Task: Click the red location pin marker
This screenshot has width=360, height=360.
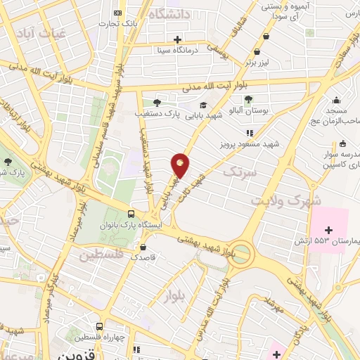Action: pyautogui.click(x=181, y=166)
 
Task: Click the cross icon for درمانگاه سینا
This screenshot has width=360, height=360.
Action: pyautogui.click(x=178, y=39)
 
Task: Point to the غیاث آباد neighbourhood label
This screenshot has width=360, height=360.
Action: pyautogui.click(x=44, y=33)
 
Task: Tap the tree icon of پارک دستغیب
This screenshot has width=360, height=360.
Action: pyautogui.click(x=156, y=103)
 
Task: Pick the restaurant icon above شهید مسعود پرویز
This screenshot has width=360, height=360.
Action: pyautogui.click(x=249, y=133)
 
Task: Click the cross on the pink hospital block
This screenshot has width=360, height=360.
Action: pyautogui.click(x=328, y=229)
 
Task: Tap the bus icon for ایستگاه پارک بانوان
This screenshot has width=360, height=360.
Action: pyautogui.click(x=131, y=214)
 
